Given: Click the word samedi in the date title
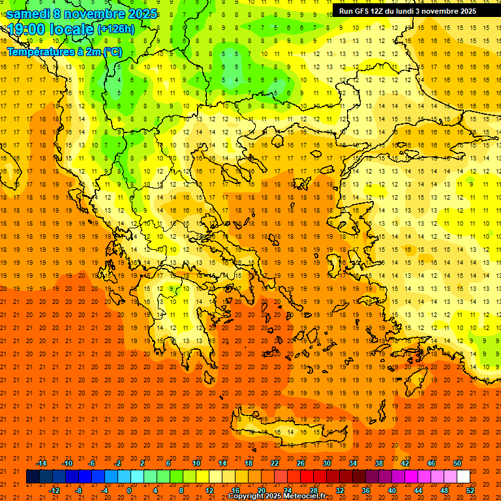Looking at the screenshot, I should click(x=29, y=14).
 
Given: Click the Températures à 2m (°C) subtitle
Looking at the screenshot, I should click(x=64, y=51).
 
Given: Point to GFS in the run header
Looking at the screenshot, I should click(x=365, y=11).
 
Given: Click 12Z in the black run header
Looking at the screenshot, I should click(x=383, y=11).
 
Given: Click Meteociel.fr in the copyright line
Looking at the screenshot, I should click(x=305, y=496).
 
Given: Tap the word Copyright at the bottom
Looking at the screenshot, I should click(x=247, y=496).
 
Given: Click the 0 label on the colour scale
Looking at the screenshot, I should click(x=129, y=491).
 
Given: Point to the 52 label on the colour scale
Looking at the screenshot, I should click(x=471, y=491).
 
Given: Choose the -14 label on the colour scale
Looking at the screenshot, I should click(x=41, y=463).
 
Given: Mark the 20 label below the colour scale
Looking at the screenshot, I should click(x=261, y=491).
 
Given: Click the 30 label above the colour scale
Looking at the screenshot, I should click(x=326, y=463).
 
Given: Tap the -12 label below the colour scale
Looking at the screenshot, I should click(x=54, y=491).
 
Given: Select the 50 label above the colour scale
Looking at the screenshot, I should click(x=457, y=463).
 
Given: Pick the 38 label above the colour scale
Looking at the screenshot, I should click(x=378, y=463).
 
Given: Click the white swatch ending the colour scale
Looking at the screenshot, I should click(x=463, y=477).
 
